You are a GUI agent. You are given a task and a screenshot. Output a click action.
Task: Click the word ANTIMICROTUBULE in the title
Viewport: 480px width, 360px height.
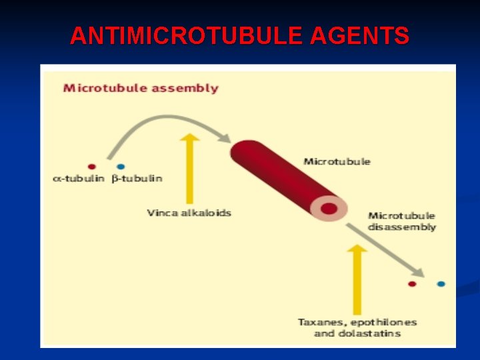point(187,35)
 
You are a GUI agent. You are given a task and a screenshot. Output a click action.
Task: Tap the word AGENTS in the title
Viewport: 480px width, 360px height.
point(359,35)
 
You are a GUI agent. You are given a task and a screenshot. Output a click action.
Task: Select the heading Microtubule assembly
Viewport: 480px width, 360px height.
point(141,88)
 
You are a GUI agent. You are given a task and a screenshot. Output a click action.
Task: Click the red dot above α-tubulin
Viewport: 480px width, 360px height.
point(91,167)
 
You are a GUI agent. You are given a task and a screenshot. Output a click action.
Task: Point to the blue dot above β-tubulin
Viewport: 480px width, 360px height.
point(121,167)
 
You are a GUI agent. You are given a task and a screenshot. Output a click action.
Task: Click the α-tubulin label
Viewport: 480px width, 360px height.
point(79,179)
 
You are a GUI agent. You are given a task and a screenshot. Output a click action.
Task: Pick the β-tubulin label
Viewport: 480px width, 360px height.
point(137,179)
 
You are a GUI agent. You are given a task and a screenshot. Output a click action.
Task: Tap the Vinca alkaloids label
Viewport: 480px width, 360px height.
point(189,213)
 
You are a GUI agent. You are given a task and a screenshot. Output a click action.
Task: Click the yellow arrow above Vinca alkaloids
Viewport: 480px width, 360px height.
point(191,167)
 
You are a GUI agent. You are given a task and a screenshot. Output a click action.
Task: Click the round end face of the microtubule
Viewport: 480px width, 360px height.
point(329,209)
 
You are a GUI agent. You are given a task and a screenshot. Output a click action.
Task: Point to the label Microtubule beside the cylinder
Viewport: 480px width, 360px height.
point(337,161)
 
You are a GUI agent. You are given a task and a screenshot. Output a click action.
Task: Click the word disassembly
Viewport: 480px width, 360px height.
point(401,227)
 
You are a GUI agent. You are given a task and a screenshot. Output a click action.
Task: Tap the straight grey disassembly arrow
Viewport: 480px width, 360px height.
point(387,250)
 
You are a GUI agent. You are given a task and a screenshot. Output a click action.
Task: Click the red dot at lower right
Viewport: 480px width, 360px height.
point(412,284)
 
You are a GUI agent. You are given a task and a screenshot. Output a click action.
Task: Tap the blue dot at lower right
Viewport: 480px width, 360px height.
point(441,284)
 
